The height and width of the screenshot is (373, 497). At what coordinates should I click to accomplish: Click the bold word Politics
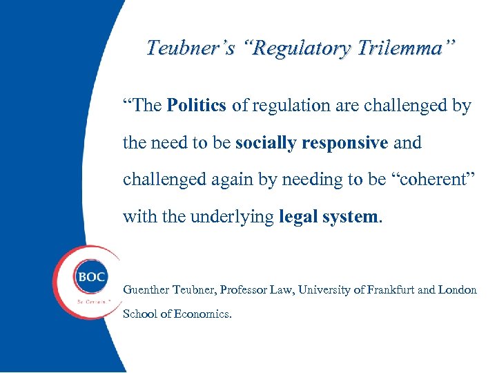[x=197, y=106]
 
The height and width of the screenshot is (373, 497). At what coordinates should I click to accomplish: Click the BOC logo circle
[x=91, y=277]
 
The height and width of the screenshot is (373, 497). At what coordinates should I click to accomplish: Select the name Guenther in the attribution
[x=146, y=290]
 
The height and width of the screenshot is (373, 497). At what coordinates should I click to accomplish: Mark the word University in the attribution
[x=324, y=290]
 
